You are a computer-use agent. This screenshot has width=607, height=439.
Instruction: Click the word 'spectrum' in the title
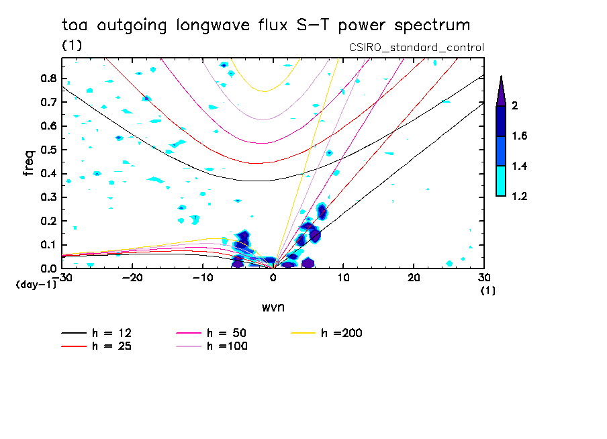pyautogui.click(x=433, y=26)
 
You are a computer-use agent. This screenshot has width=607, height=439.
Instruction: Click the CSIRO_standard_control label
pyautogui.click(x=416, y=48)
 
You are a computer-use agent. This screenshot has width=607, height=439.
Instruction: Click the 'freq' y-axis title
pyautogui.click(x=29, y=162)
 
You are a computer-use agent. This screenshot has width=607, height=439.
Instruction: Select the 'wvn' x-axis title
pyautogui.click(x=272, y=307)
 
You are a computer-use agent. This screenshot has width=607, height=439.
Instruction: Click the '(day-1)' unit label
pyautogui.click(x=34, y=285)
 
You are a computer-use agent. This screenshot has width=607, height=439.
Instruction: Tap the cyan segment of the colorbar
pyautogui.click(x=500, y=181)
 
